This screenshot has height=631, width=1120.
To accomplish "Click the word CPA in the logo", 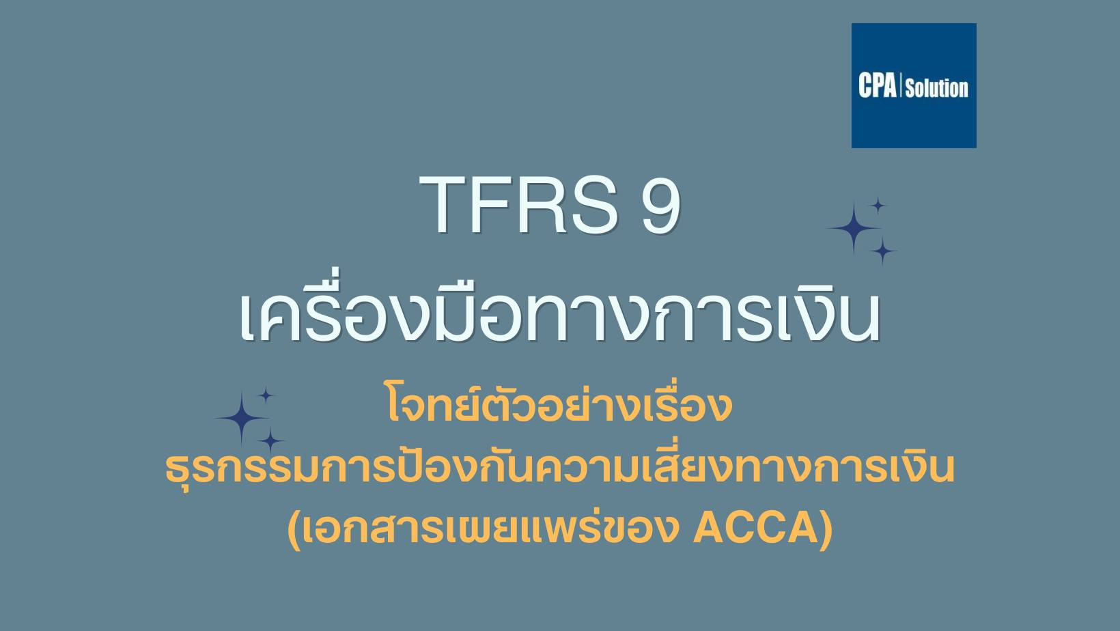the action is coord(877,85).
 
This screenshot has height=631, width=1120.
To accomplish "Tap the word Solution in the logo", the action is coord(936,87).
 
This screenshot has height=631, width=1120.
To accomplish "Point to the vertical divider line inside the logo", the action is coord(901,85).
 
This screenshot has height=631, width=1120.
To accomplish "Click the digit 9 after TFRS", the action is coord(661,204).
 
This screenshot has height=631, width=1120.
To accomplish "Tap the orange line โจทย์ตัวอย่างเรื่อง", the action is coord(559,405).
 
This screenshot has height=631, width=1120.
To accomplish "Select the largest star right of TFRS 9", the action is coord(854,228).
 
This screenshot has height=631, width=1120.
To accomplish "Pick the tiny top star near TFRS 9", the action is coord(878,206).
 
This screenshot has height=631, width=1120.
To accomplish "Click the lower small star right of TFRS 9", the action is coord(883,251).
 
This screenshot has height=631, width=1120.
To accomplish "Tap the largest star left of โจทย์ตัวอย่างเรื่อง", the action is coord(242,418).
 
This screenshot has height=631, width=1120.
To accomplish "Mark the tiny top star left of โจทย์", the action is coord(266,395).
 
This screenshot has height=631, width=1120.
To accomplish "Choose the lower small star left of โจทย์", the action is coord(271,440).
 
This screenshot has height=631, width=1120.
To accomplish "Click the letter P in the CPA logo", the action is coord(878,85).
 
